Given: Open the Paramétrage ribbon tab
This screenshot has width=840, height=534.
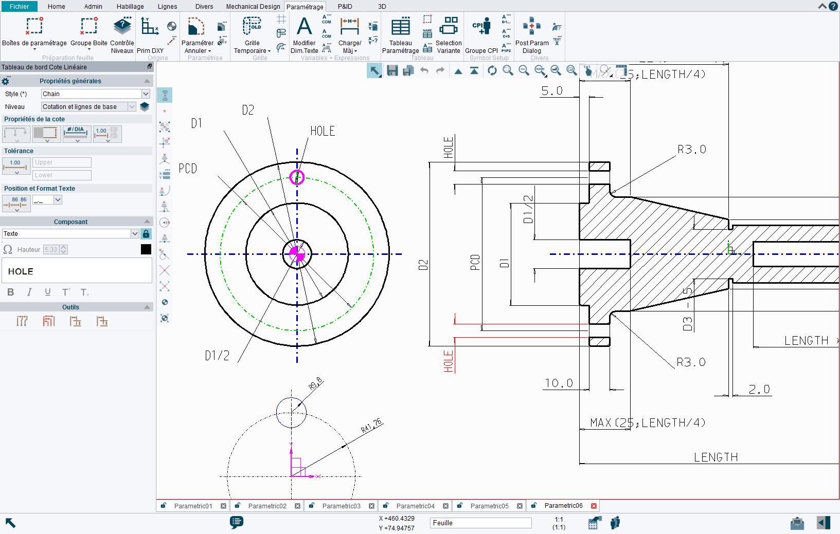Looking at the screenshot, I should pos(305,7).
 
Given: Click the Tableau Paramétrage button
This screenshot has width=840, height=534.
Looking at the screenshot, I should pos(401,35).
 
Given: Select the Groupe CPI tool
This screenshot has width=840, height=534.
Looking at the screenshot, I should pos(481,35).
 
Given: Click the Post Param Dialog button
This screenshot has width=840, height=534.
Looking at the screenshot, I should pos(532,35).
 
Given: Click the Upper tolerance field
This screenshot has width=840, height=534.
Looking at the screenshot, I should pos(62,162).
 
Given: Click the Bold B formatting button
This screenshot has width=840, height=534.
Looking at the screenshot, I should pos(11,292).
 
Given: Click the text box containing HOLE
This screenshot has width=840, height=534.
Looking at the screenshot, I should pos(77,271).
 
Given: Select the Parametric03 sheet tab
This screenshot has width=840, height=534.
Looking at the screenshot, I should pos(341,506).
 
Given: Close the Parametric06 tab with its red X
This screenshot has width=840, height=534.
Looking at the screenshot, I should pos(594,506).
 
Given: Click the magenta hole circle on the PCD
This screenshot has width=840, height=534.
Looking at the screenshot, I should pos(297,177).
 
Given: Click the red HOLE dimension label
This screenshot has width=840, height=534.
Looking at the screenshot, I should pos(449,361).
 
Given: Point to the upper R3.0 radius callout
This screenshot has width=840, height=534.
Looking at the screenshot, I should pos(692,150).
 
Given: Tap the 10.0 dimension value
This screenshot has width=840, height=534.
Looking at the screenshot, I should pos(559,383).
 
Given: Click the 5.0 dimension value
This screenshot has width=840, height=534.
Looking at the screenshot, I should pos(552,91).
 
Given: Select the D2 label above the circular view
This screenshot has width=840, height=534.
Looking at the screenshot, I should pos(248,110).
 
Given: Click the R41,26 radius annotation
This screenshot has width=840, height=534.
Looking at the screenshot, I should pos(371,426).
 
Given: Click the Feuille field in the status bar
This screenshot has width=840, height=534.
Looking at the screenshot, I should pos(480,523).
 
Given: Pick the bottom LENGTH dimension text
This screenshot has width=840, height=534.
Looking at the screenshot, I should pos(716,457).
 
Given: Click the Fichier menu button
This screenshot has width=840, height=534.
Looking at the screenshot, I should pos(19,7).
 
